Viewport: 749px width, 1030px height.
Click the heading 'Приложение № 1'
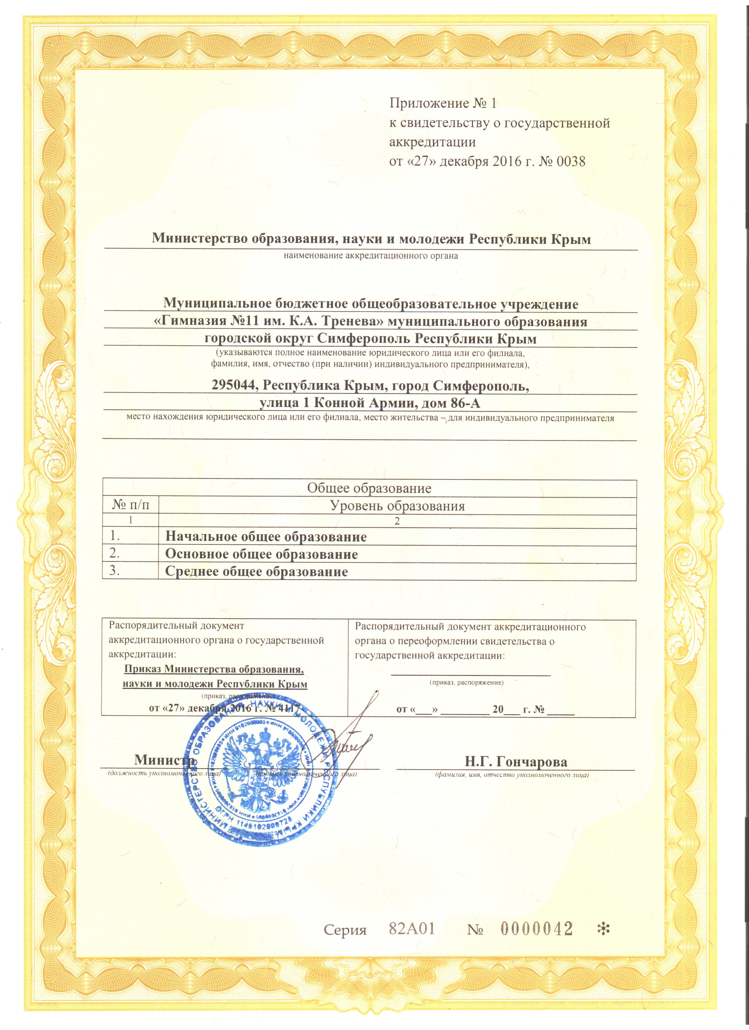pyautogui.click(x=443, y=104)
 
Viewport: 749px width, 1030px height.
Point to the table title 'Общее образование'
pyautogui.click(x=369, y=488)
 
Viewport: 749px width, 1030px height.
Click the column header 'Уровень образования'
pyautogui.click(x=397, y=506)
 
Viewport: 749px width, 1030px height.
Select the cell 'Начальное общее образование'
pyautogui.click(x=266, y=537)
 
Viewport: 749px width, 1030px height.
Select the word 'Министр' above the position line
pyautogui.click(x=165, y=759)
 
